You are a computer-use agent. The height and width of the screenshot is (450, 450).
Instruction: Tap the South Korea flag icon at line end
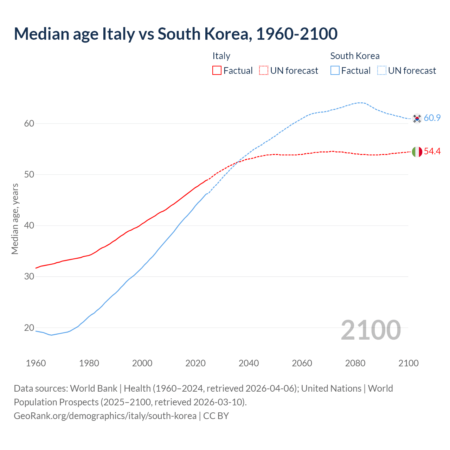(417, 118)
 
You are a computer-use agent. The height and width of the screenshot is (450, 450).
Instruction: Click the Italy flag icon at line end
(417, 152)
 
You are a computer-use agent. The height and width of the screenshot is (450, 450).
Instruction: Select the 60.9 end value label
(432, 118)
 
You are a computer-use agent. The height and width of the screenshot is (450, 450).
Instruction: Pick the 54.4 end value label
(432, 152)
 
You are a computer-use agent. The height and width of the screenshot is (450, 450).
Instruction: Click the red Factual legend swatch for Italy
(217, 71)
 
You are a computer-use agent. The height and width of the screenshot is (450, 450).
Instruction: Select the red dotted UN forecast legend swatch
(264, 71)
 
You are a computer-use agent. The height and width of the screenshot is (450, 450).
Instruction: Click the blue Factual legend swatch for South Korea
(335, 71)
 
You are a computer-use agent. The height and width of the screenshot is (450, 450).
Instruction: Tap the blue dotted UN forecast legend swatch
(382, 71)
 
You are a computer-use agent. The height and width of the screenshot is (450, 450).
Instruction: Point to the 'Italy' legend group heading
(221, 56)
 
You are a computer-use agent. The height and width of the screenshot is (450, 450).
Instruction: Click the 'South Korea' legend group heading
(355, 56)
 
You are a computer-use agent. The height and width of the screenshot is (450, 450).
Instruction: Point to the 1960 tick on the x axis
(36, 363)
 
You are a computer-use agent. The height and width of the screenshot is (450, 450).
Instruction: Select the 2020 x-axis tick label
(195, 363)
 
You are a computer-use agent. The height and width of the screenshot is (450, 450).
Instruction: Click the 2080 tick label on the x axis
(355, 363)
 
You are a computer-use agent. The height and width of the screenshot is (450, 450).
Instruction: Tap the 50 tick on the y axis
(29, 175)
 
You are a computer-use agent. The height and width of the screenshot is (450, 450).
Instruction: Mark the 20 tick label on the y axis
(29, 328)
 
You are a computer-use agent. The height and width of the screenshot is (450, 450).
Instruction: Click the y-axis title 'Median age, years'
(15, 219)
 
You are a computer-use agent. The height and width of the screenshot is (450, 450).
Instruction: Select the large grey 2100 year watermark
(371, 330)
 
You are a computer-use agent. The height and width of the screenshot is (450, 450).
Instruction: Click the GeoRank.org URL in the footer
(105, 416)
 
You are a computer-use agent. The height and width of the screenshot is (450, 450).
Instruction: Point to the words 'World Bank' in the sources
(94, 388)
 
